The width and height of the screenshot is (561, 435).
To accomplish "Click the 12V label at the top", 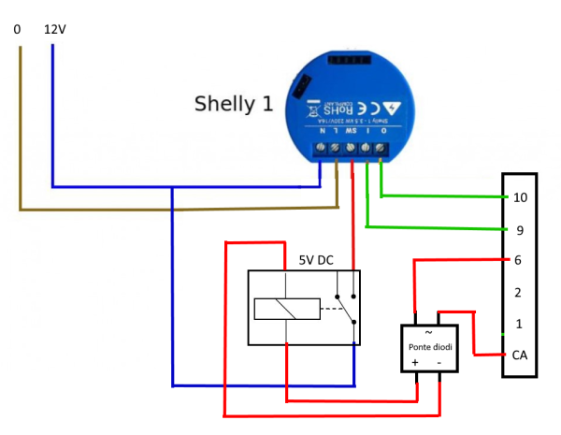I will (x=55, y=29).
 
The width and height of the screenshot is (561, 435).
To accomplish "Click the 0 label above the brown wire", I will (x=18, y=29).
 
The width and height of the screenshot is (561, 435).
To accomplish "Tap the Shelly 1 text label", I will (x=234, y=103).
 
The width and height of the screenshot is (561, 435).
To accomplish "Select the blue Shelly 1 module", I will (x=347, y=108).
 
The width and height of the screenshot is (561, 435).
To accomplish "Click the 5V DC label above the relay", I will (x=316, y=259).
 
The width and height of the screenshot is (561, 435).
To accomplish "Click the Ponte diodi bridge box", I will (x=429, y=347).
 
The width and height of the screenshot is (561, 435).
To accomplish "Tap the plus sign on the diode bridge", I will (x=414, y=362).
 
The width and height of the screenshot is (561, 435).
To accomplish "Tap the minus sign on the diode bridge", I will (x=439, y=362).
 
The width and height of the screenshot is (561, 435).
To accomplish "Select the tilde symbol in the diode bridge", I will (x=429, y=332).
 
